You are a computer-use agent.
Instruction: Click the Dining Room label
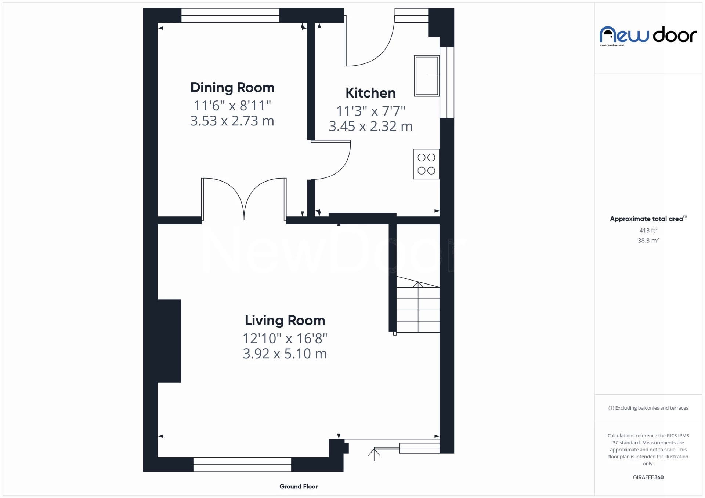(232, 88)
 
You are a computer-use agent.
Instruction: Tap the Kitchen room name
(370, 93)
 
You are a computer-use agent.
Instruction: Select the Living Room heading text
(285, 321)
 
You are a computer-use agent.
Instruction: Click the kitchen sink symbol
(427, 76)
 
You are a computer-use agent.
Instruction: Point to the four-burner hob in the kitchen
(426, 164)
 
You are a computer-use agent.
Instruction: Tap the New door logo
(648, 35)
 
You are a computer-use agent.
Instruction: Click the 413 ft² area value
(648, 230)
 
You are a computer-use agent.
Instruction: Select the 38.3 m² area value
(648, 241)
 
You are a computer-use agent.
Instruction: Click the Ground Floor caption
(299, 486)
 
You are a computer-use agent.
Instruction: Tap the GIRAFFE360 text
(648, 477)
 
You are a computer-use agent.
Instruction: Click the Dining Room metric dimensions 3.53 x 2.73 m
(232, 121)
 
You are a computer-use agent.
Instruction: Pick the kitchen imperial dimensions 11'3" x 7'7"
(371, 111)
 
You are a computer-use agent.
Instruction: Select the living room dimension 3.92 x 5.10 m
(285, 354)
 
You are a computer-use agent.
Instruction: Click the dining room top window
(230, 16)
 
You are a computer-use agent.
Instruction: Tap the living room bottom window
(242, 464)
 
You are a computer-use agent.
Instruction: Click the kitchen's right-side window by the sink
(447, 82)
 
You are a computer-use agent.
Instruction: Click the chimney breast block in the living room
(169, 341)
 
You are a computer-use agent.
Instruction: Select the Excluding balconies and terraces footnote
(648, 408)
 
